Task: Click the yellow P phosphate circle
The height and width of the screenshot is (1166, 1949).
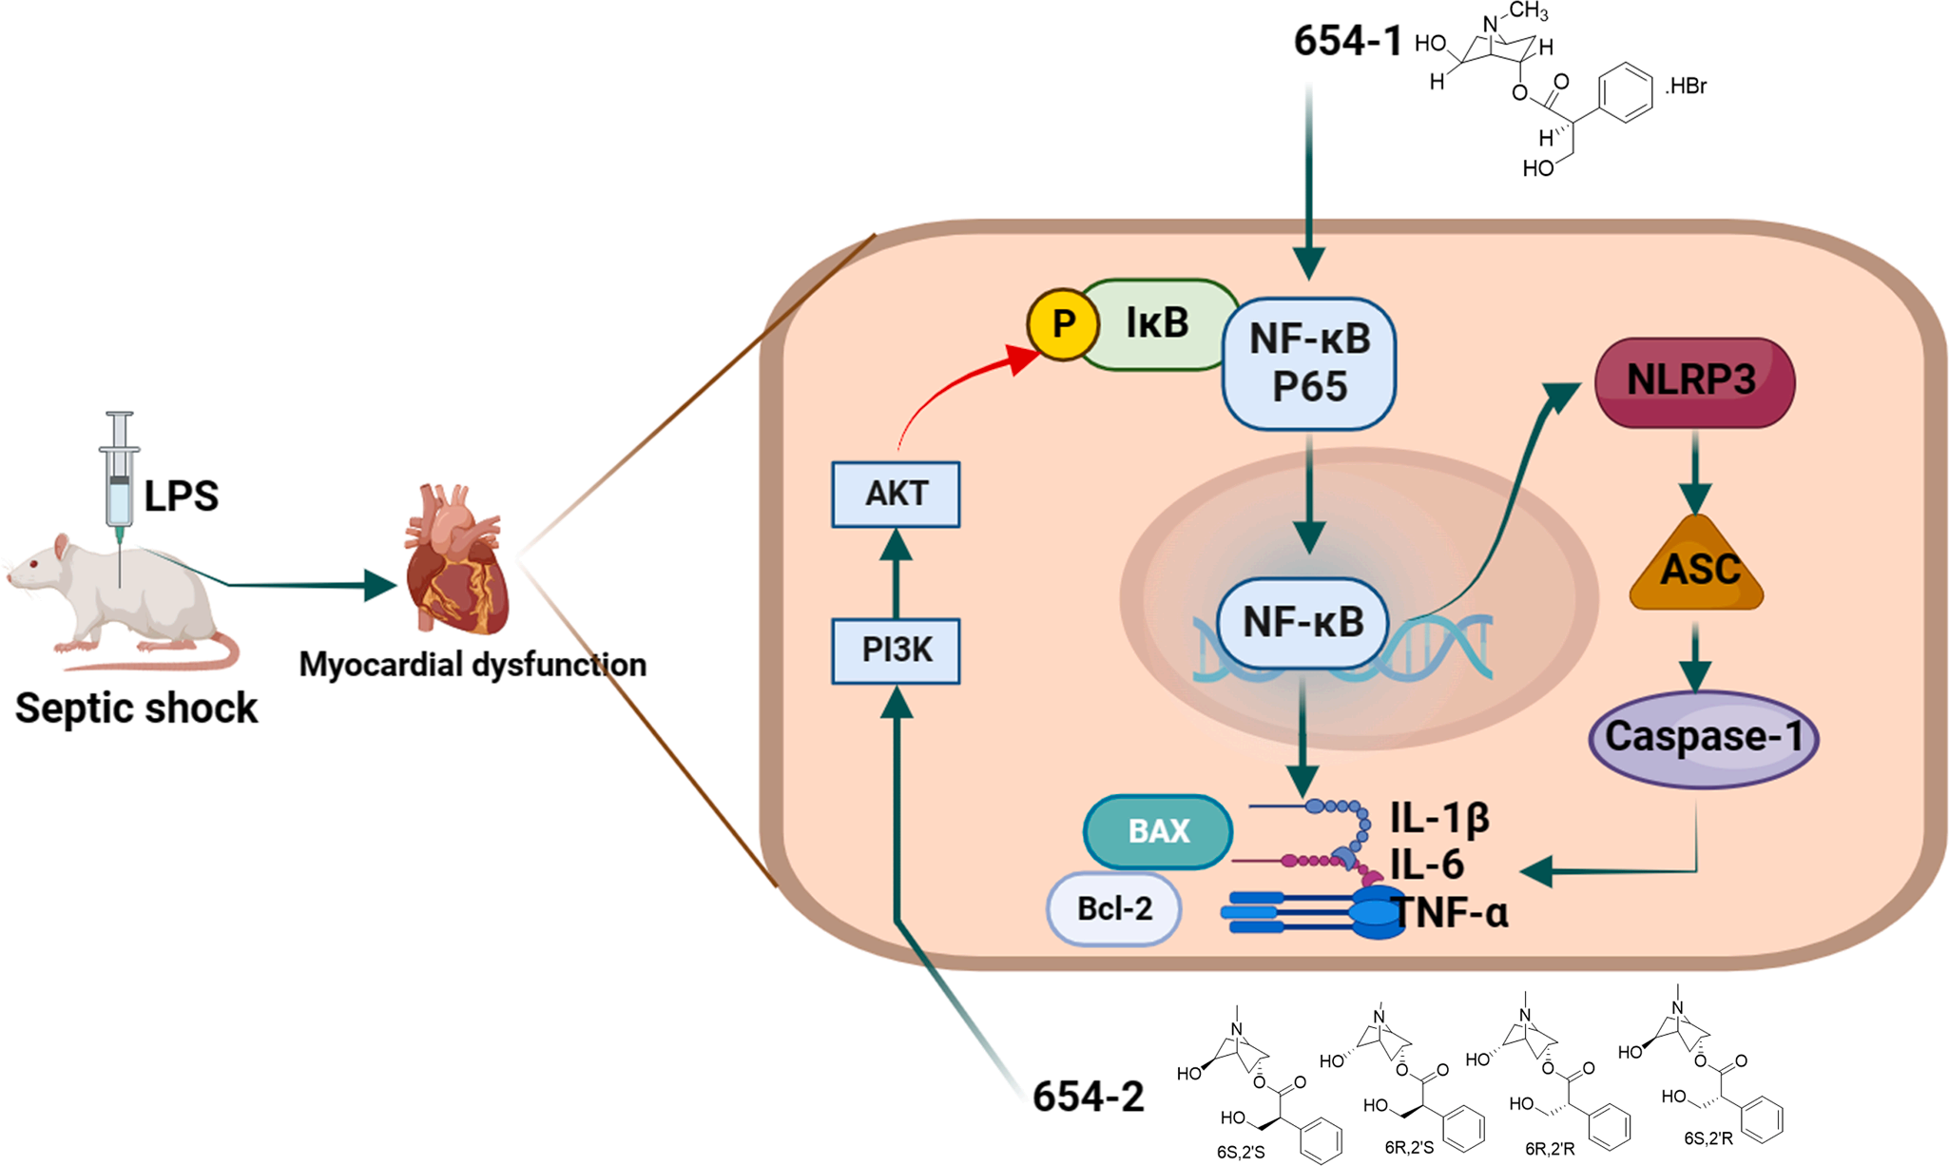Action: pyautogui.click(x=1063, y=324)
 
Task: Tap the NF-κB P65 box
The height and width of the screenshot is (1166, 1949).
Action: pyautogui.click(x=1309, y=362)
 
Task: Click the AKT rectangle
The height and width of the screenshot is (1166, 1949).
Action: pyautogui.click(x=896, y=494)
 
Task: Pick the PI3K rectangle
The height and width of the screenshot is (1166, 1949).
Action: pyautogui.click(x=896, y=651)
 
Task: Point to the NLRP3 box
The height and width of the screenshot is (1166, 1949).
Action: pyautogui.click(x=1694, y=381)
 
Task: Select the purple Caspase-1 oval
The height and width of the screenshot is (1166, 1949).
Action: pyautogui.click(x=1703, y=738)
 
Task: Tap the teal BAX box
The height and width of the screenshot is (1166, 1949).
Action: pyautogui.click(x=1158, y=831)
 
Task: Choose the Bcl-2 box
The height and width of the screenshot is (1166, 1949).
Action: pyautogui.click(x=1114, y=909)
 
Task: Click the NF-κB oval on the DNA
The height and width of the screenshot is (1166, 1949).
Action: pyautogui.click(x=1303, y=623)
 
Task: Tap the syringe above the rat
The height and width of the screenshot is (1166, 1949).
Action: pyautogui.click(x=119, y=471)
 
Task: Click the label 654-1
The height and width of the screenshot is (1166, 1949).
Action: pyautogui.click(x=1347, y=41)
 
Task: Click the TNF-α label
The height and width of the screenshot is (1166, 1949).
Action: pyautogui.click(x=1451, y=913)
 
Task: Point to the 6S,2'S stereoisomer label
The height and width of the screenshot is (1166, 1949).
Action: pyautogui.click(x=1241, y=1152)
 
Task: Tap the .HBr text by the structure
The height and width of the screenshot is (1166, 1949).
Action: pyautogui.click(x=1686, y=87)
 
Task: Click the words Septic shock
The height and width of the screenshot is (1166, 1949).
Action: pyautogui.click(x=136, y=709)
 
